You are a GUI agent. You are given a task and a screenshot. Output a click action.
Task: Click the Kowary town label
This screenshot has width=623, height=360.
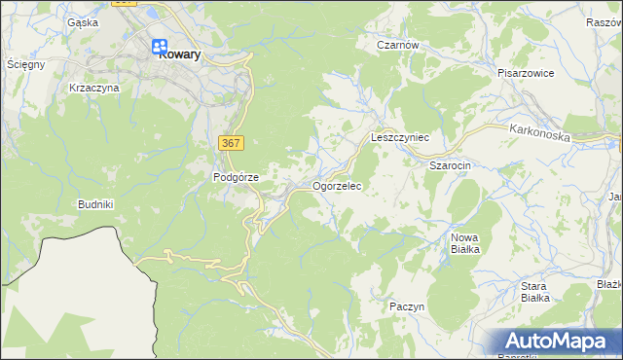(179, 55)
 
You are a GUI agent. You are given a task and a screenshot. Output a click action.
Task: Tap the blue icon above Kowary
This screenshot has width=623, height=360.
(160, 44)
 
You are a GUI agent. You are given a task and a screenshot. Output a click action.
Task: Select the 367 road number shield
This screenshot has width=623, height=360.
(231, 143)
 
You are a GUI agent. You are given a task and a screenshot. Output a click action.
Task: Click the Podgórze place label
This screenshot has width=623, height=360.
(236, 177)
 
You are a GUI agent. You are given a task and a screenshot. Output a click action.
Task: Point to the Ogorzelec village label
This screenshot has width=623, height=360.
(337, 185)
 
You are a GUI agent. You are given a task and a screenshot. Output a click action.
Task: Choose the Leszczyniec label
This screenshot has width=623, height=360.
(400, 138)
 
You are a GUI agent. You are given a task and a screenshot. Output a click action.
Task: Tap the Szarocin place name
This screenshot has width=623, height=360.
(451, 165)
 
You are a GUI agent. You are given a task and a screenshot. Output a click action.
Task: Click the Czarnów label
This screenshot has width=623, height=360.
(398, 45)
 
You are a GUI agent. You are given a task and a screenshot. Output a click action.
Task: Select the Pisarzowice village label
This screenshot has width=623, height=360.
(525, 72)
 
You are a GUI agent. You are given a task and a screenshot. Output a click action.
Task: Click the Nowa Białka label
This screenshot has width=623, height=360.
(465, 243)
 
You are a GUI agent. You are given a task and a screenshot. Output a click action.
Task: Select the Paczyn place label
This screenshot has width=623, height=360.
(407, 306)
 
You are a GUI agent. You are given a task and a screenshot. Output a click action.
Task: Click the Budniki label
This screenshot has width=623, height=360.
(96, 204)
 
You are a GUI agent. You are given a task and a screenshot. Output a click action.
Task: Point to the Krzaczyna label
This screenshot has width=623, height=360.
(94, 88)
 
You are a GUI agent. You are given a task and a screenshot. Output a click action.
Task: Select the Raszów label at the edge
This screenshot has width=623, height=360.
(604, 21)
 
